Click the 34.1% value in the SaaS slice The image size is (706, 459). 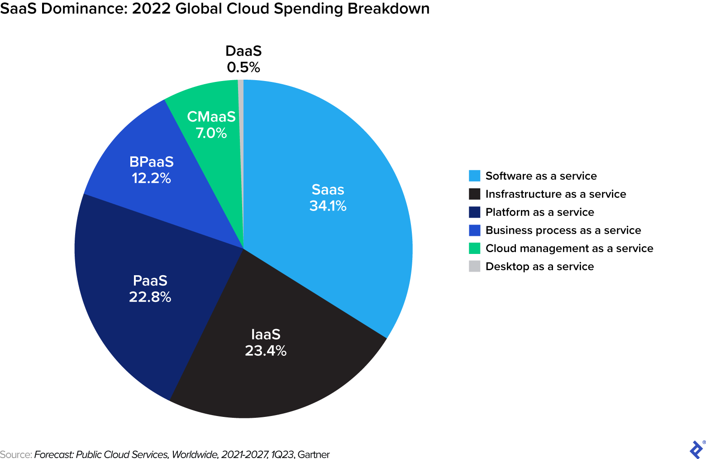pyautogui.click(x=328, y=206)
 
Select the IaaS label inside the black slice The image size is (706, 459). pyautogui.click(x=266, y=335)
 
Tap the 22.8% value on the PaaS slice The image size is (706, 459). pyautogui.click(x=150, y=297)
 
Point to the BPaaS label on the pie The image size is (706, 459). pyautogui.click(x=151, y=162)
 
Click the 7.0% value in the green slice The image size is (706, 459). pyautogui.click(x=211, y=133)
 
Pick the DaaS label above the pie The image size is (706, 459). pyautogui.click(x=243, y=51)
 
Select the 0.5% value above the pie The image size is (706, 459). pyautogui.click(x=243, y=67)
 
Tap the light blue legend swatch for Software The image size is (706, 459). pyautogui.click(x=474, y=176)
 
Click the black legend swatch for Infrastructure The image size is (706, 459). pyautogui.click(x=474, y=194)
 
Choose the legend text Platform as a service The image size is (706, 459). pyautogui.click(x=539, y=212)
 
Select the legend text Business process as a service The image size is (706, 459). pyautogui.click(x=563, y=230)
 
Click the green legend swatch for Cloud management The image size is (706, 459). pyautogui.click(x=474, y=248)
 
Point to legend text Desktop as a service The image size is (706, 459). pyautogui.click(x=539, y=266)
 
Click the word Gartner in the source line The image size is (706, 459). pyautogui.click(x=314, y=454)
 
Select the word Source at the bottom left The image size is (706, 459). pyautogui.click(x=15, y=454)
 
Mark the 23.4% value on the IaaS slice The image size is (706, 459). pyautogui.click(x=266, y=351)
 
